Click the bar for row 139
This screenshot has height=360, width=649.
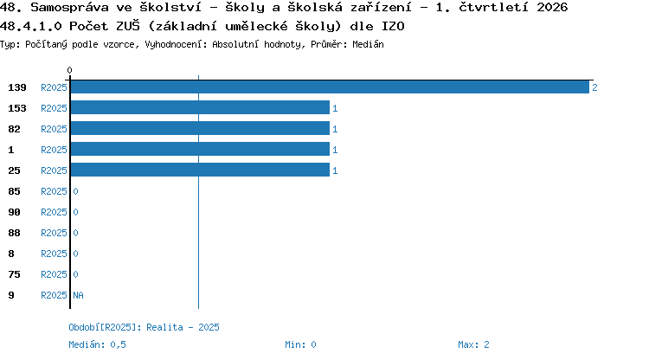330,87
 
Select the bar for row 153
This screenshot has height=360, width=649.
201,107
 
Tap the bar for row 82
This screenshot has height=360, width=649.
201,128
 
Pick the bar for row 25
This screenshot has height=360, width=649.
201,170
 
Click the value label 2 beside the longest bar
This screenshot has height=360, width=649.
594,87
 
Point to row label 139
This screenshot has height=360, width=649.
17,87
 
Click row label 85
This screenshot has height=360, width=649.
14,191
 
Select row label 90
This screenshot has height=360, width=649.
14,212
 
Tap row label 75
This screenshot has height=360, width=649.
14,274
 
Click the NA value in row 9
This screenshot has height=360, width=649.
78,295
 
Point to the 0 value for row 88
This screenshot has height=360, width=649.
75,233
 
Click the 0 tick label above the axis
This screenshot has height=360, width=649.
69,70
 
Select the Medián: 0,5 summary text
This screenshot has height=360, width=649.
97,344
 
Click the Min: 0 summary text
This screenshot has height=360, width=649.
300,344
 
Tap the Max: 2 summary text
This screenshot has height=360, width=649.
473,344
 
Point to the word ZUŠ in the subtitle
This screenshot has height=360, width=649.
128,26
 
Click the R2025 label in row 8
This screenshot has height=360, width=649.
54,254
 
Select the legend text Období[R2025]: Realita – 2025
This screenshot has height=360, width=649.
144,327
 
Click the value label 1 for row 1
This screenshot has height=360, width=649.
335,150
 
